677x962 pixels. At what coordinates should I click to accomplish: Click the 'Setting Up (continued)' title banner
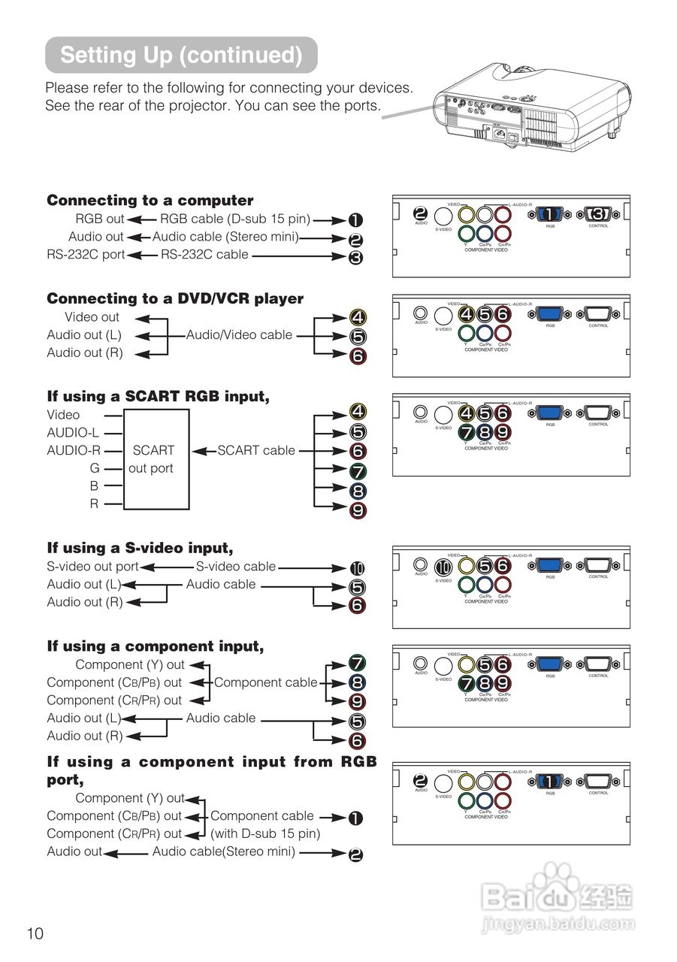tap(181, 55)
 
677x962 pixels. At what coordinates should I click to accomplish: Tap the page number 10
tap(35, 933)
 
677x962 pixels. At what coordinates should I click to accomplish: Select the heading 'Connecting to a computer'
tap(150, 201)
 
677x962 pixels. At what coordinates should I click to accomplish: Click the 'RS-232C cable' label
tap(204, 255)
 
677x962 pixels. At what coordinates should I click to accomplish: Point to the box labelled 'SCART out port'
tap(156, 459)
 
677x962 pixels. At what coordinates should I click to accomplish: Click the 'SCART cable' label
tap(256, 451)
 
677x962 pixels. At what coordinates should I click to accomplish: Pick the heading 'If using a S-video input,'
tap(140, 549)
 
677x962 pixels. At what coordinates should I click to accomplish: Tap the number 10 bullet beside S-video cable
tap(358, 568)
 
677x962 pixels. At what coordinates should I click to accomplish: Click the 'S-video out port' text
tap(92, 567)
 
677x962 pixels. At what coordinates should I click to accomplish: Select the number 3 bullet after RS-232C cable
tap(355, 258)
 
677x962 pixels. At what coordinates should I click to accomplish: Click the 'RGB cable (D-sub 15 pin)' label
tap(235, 219)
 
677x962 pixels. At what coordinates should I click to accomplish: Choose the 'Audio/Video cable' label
tap(239, 335)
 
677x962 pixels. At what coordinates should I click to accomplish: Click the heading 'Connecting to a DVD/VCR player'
tap(175, 299)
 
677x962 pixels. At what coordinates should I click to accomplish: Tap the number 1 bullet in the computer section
tap(355, 220)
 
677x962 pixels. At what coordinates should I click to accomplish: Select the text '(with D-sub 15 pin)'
tap(265, 833)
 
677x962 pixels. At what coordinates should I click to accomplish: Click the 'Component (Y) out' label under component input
tap(130, 665)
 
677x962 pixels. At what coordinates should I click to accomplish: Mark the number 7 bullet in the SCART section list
tap(358, 472)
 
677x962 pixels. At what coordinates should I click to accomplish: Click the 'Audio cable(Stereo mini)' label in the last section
tap(224, 852)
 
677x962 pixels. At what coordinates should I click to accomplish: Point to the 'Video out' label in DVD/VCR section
tap(92, 317)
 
